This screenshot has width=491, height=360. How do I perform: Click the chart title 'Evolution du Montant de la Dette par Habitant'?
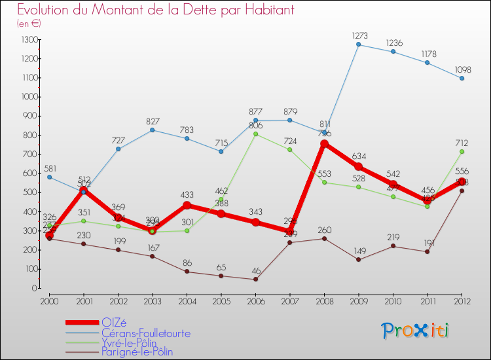coord(156,10)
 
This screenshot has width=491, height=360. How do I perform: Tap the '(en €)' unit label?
coord(29,24)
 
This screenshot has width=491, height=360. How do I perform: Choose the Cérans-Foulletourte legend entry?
coord(146,333)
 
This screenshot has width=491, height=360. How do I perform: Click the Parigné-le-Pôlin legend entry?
coord(137,352)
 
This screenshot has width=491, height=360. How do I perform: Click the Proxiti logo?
coord(415,331)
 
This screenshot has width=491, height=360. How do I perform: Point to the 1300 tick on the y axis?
coord(29,40)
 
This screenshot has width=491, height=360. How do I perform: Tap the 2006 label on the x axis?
coord(255,300)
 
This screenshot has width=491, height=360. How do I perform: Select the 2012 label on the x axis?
coord(462,300)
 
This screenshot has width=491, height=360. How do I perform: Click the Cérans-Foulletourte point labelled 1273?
coord(358,45)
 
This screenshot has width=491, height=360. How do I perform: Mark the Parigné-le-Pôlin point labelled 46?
coord(255,279)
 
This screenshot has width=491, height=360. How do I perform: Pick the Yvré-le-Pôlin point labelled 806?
coord(255,134)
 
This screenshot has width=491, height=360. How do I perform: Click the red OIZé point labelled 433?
coord(187,205)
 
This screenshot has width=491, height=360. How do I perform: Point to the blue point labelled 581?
coord(49,177)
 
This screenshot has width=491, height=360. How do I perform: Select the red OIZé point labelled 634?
coord(358,167)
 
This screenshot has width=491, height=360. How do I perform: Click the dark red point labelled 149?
coord(358,260)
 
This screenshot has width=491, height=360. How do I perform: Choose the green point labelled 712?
coord(462,152)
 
